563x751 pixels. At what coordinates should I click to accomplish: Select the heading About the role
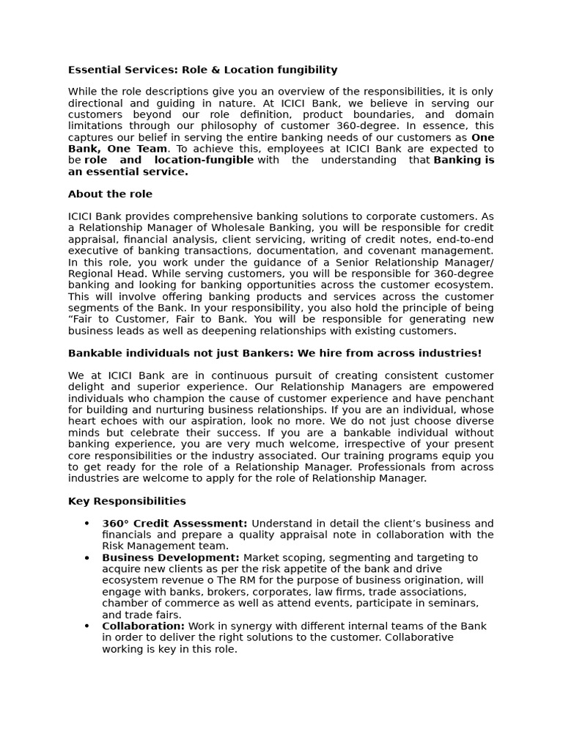point(110,194)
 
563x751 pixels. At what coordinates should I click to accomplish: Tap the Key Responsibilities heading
point(127,502)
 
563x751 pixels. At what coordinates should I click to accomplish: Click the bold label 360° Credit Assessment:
point(174,524)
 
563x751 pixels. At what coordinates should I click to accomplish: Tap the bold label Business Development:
point(171,558)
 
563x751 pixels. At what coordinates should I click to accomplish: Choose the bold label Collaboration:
point(143,626)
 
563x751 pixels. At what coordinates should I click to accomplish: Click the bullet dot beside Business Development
point(87,558)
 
